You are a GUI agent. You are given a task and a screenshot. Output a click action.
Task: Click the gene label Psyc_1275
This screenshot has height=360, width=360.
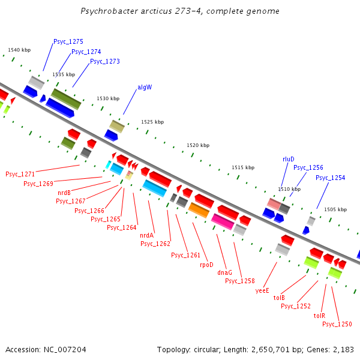[x=68, y=41]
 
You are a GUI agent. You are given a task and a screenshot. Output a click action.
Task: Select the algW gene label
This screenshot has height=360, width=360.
[x=145, y=87]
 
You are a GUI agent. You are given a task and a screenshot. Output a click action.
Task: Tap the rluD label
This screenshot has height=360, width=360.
[x=289, y=159]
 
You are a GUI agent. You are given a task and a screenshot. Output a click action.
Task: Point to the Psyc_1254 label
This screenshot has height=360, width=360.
[x=331, y=178]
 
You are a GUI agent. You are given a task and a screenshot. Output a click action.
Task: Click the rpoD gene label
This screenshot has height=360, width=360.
[x=206, y=264]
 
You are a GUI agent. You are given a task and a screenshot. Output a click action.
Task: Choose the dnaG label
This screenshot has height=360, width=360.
[x=224, y=272]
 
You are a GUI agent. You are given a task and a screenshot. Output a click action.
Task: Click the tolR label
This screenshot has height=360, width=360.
[x=319, y=315]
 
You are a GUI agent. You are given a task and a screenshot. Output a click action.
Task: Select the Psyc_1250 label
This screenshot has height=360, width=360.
[x=337, y=324]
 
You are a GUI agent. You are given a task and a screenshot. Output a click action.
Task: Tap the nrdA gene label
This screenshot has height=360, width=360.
[x=146, y=235]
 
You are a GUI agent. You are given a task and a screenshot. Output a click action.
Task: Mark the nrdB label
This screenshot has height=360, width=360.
[x=64, y=192]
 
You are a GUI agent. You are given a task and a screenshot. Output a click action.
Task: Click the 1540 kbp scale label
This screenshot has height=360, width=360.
[x=19, y=50]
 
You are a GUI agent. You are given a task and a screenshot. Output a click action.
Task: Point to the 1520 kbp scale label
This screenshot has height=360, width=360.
[x=198, y=145]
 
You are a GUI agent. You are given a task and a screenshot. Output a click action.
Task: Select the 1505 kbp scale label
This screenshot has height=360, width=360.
[x=335, y=209]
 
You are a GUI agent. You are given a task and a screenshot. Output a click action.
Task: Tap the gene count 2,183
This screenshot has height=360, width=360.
[x=343, y=349]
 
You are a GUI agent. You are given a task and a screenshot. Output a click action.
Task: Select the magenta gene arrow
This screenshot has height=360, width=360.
[x=223, y=221]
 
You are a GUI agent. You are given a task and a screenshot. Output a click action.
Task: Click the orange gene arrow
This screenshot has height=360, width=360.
[x=199, y=210]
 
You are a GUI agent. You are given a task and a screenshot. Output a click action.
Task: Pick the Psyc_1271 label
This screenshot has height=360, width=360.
[x=20, y=174]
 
